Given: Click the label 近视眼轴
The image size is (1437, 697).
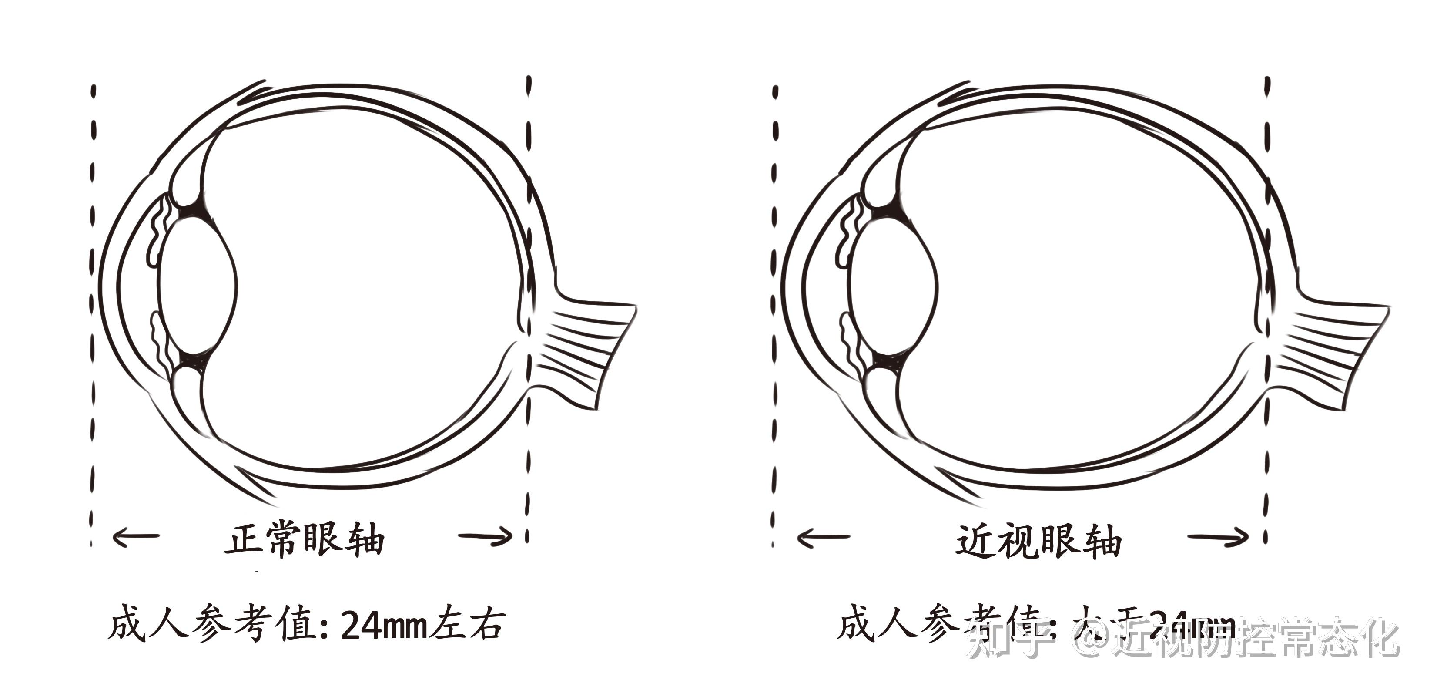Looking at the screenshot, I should (1038, 541).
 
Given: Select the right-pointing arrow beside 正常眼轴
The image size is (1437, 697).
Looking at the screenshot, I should (486, 537).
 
